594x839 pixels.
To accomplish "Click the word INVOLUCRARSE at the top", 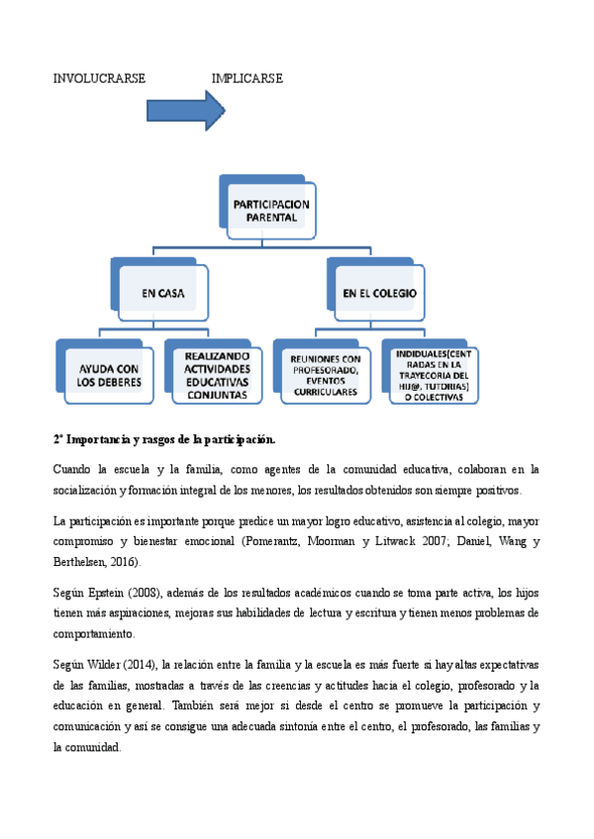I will pos(99,78).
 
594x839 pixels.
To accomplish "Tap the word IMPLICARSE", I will pos(247,78).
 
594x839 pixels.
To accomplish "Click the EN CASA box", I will pos(163,294).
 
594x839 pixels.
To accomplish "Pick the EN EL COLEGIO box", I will pos(379,294).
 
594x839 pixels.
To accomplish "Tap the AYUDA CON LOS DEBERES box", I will pos(110,375).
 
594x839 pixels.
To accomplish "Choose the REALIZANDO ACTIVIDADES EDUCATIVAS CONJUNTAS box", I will pos(217,375).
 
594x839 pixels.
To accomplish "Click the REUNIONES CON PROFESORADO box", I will pos(326,375).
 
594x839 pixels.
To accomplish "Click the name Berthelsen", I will pos(84,562).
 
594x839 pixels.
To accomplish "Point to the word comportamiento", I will pos(93,634).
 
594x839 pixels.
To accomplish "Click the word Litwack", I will pos(407,542).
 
